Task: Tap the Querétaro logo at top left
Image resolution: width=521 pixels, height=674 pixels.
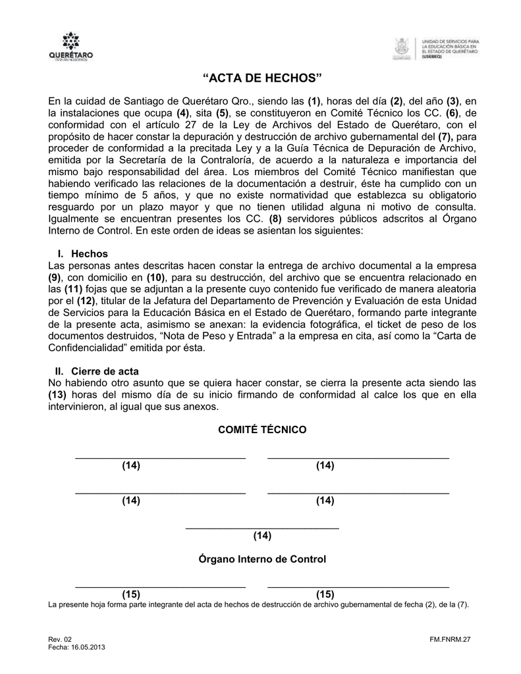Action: [x=71, y=47]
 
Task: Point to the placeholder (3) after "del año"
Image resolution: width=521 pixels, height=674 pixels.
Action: [x=452, y=101]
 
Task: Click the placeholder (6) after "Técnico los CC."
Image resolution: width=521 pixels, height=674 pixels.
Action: [x=451, y=113]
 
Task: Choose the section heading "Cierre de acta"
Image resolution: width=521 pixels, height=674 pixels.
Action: [x=105, y=371]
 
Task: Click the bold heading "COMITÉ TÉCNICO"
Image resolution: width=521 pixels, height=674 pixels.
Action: [x=262, y=429]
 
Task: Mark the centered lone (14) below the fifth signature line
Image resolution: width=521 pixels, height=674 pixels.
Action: [x=262, y=536]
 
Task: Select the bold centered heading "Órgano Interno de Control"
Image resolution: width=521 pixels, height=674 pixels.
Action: [x=262, y=559]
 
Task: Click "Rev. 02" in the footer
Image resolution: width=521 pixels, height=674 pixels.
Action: [x=59, y=640]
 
